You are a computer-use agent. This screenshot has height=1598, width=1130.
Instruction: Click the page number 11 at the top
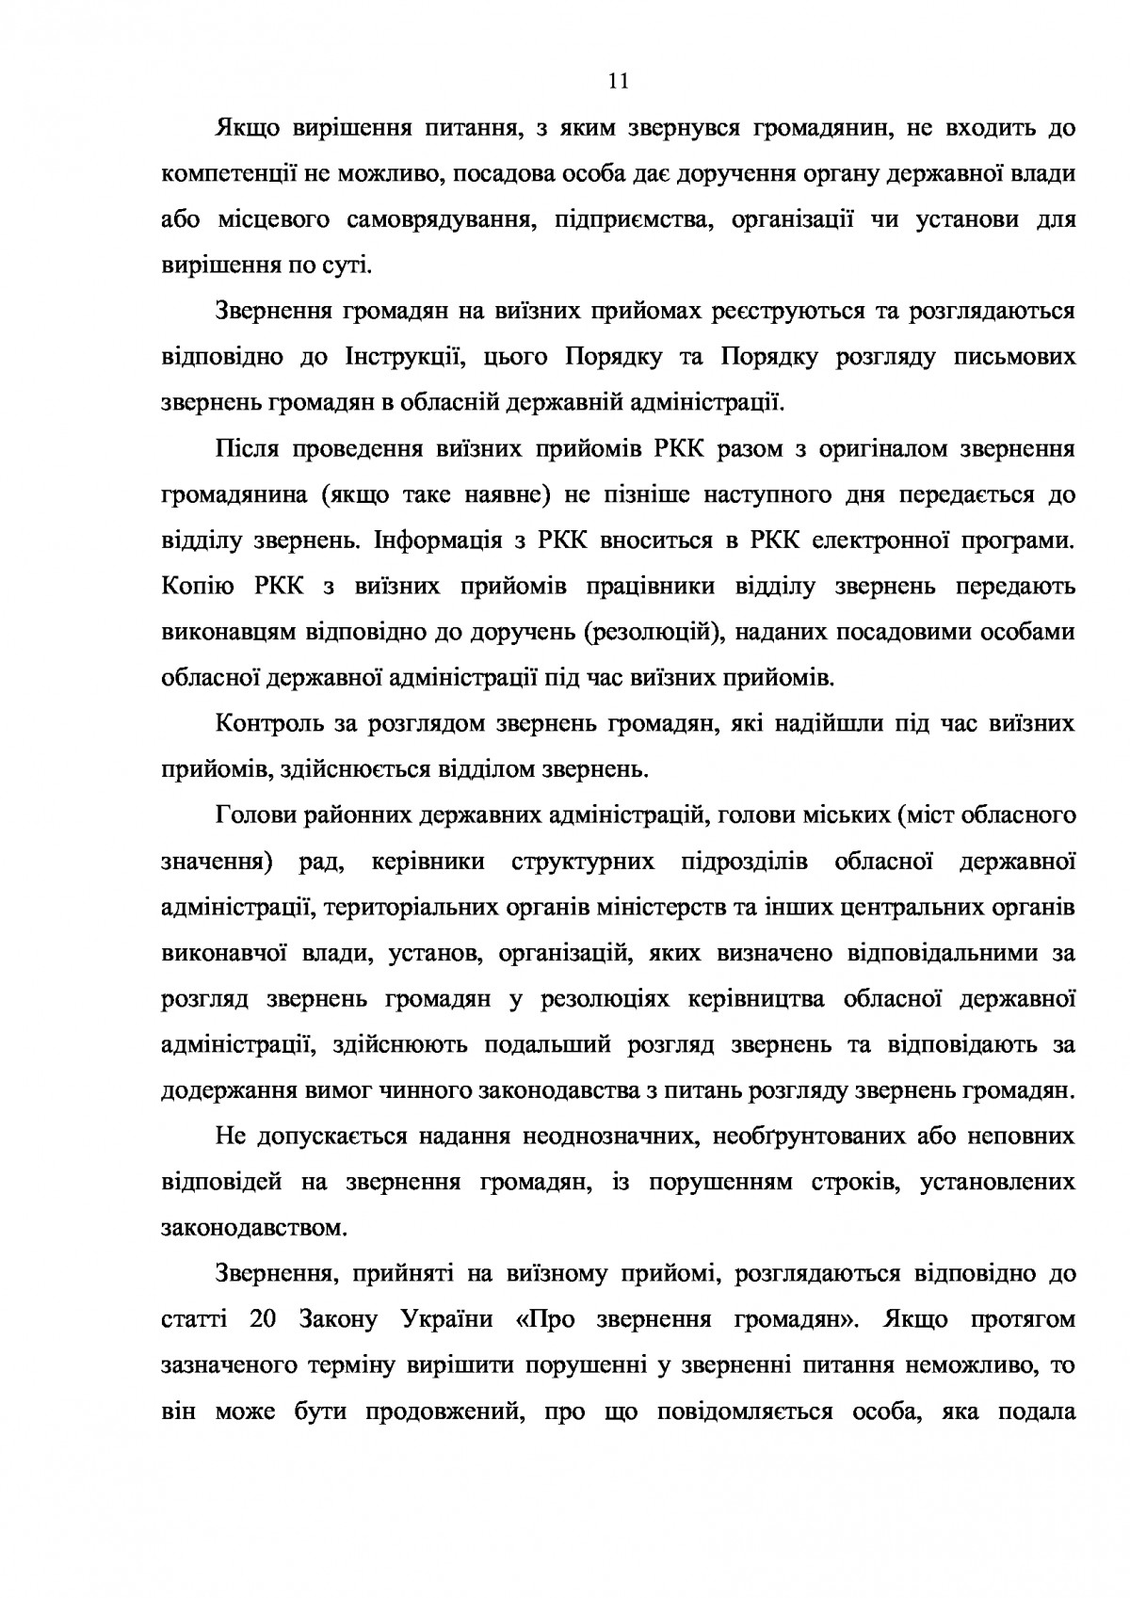click(618, 81)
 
